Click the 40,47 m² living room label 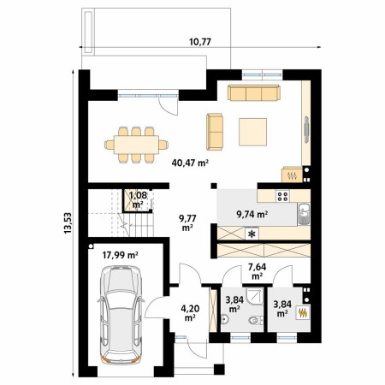pos(190,163)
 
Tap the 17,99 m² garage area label pos(121,255)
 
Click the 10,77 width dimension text pos(200,42)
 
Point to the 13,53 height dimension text pos(68,223)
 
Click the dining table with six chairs pos(136,145)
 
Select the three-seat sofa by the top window pos(254,92)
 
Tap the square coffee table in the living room pos(253,132)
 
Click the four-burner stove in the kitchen pos(282,196)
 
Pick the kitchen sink pos(304,214)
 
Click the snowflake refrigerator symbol pos(252,234)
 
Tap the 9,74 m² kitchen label pos(252,214)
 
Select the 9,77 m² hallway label pos(187,222)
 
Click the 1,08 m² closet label pos(138,200)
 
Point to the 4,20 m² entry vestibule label pos(190,313)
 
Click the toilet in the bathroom pos(254,320)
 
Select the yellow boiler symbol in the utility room pos(303,312)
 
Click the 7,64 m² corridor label pos(258,271)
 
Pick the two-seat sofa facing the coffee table pos(215,132)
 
